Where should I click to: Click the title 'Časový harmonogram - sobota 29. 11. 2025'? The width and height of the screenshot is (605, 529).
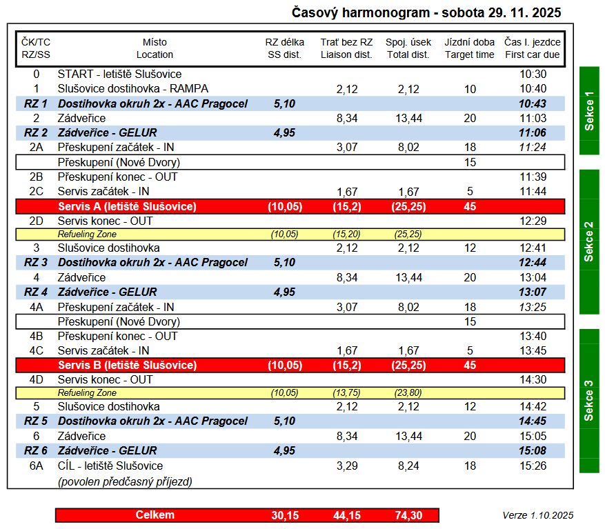click(426, 12)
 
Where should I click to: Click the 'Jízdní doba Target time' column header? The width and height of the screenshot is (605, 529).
click(470, 48)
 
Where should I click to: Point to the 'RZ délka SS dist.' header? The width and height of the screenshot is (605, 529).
click(285, 48)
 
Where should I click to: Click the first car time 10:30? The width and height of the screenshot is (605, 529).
click(533, 74)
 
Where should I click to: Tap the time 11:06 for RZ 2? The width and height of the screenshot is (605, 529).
click(533, 132)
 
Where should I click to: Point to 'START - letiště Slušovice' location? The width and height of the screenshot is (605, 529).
click(119, 74)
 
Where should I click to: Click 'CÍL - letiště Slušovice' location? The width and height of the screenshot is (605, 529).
click(110, 466)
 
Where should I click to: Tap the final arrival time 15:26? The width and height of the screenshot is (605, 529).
click(533, 466)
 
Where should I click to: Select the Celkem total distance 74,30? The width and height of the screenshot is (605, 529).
click(408, 515)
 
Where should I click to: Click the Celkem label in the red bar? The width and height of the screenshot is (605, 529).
click(155, 515)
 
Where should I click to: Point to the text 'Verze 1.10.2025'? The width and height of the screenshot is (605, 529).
click(537, 515)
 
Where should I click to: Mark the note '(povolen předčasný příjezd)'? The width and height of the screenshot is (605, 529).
click(125, 481)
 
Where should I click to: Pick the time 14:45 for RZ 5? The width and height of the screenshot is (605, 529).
click(533, 421)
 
